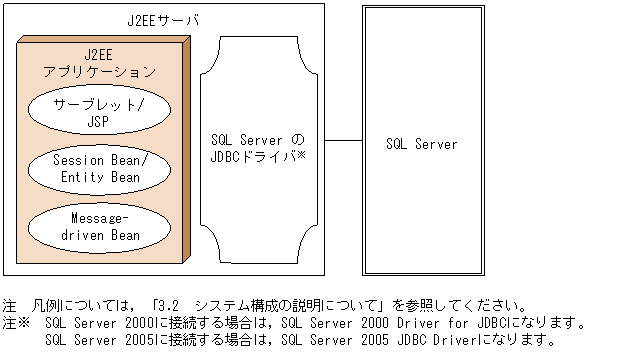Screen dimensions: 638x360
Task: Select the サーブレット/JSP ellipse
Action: click(98, 113)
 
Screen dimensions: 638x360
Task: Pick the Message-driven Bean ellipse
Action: click(98, 227)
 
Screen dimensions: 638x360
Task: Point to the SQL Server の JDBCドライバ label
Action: click(258, 150)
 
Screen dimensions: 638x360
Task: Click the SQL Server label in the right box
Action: click(421, 145)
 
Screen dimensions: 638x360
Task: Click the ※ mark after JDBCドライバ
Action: click(299, 157)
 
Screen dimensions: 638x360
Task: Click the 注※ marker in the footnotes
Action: click(16, 323)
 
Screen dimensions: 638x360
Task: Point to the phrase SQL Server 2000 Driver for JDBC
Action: click(394, 323)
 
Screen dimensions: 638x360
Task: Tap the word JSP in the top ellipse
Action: click(98, 122)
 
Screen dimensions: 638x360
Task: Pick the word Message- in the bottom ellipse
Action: click(98, 219)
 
